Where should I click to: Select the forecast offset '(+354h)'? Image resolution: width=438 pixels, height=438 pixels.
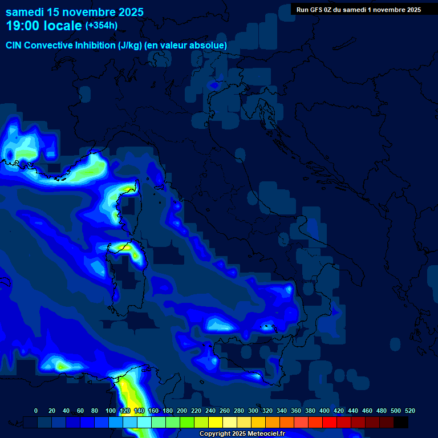[102, 26]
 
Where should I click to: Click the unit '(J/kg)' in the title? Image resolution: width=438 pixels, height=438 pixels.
[128, 45]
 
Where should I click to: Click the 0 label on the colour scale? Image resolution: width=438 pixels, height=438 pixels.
[36, 411]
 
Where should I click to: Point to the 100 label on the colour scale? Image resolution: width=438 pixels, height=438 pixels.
[110, 411]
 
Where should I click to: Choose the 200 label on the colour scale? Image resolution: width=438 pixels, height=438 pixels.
[182, 411]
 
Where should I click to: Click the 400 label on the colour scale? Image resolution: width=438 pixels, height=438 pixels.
[325, 411]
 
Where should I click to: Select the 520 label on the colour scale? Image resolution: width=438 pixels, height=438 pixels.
[409, 411]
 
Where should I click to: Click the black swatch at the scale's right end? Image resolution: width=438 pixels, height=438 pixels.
[401, 423]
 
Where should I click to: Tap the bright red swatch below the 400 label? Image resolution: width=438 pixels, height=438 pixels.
[330, 423]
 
